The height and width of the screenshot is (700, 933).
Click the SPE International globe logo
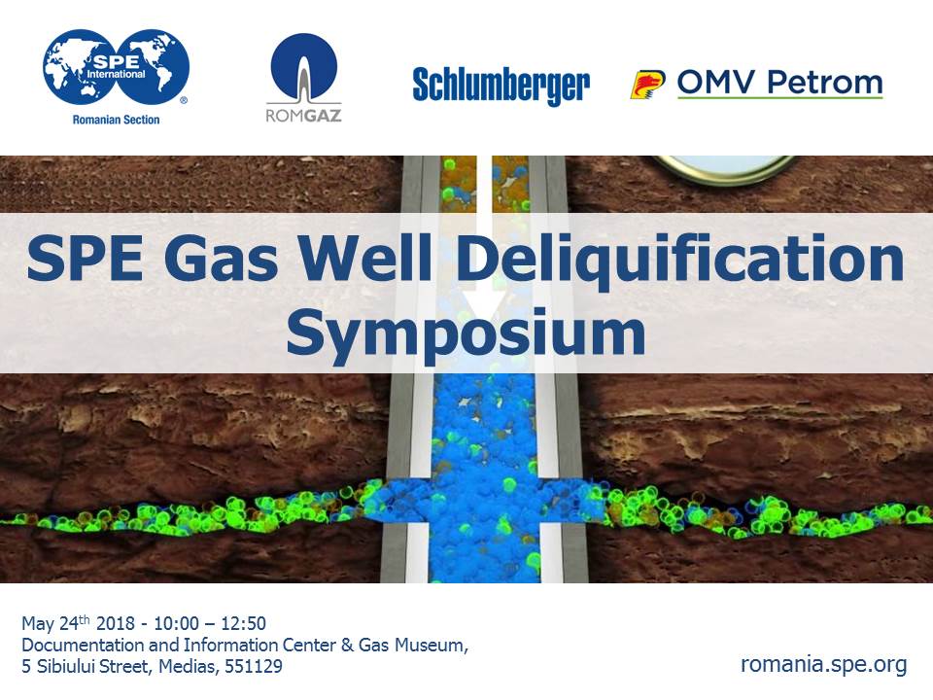pos(116,67)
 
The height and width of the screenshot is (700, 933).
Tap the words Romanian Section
pos(116,120)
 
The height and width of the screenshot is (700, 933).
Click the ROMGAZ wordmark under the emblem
pos(303,115)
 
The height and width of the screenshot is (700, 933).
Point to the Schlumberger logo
pos(501,86)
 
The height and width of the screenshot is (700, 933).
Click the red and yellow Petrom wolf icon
pos(647,84)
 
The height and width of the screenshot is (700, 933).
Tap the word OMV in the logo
pos(717,82)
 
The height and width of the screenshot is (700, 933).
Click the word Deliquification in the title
pos(680,260)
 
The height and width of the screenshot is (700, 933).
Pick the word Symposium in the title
pos(466,332)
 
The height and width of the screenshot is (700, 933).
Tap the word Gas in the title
pos(221,259)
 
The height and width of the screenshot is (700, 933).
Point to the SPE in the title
pos(85,259)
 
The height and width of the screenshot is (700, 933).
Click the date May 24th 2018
pos(79,623)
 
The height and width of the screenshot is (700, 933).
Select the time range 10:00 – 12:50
pos(210,623)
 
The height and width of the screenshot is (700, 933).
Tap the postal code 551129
pos(253,666)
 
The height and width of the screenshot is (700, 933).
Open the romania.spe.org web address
pos(824,664)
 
